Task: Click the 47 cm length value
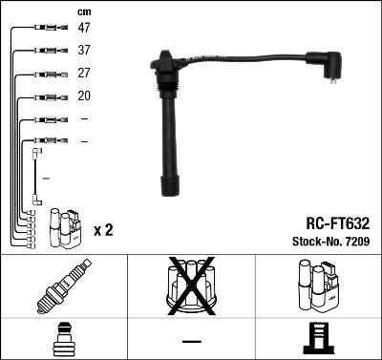(x=84, y=29)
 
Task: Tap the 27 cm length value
(x=84, y=74)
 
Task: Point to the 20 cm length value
(x=84, y=96)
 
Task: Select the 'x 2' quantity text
(x=104, y=230)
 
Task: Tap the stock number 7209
(x=356, y=242)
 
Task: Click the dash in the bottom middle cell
(x=191, y=341)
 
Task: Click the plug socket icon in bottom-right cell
(x=320, y=341)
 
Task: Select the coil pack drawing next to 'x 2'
(x=66, y=226)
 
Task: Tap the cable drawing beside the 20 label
(x=46, y=96)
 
